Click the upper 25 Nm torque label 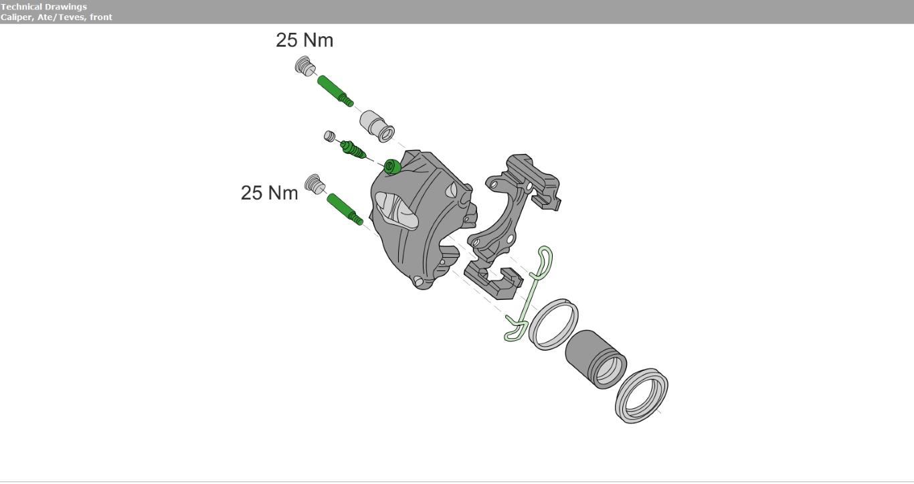304,40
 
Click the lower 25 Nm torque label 269,193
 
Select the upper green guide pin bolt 335,91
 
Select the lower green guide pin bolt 345,209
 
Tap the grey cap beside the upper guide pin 305,66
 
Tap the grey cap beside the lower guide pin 315,185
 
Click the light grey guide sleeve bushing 377,126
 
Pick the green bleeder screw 353,150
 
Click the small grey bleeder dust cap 330,136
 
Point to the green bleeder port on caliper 392,167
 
